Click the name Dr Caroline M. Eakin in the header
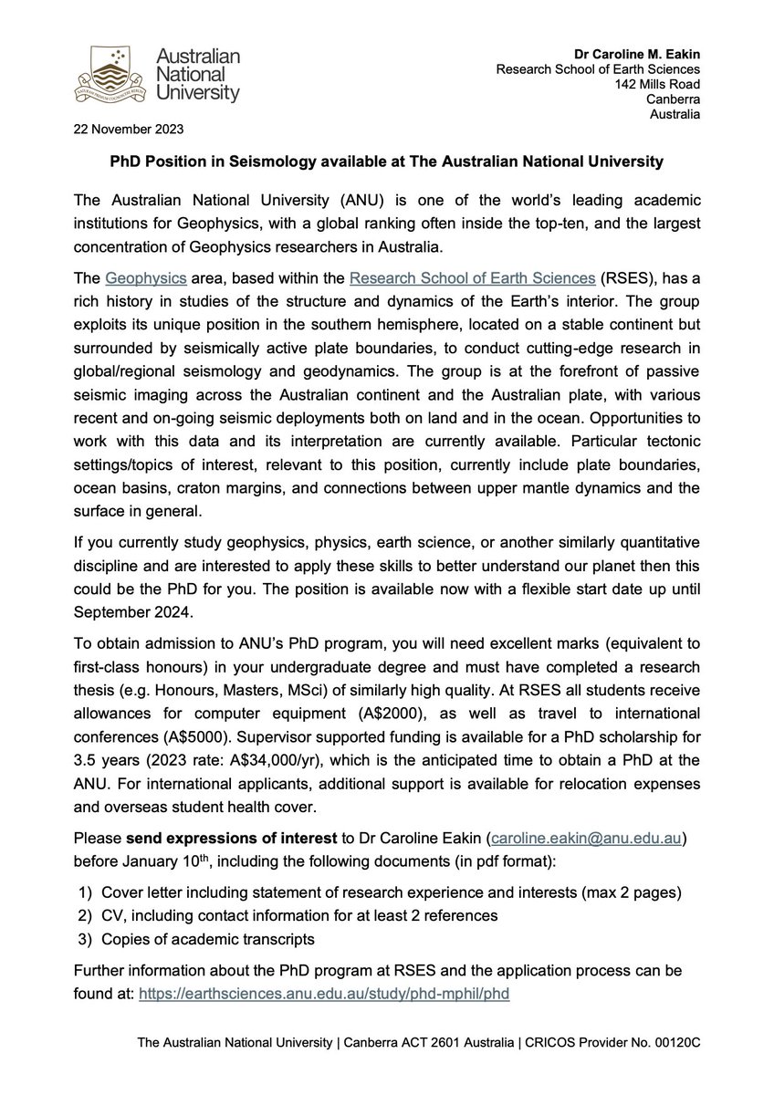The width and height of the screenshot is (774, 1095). point(639,52)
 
